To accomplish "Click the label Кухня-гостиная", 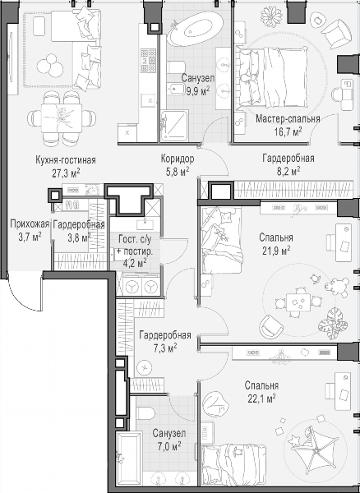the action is pyautogui.click(x=66, y=160).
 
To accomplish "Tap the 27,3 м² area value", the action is pyautogui.click(x=66, y=173).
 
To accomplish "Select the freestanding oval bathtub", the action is pyautogui.click(x=195, y=29).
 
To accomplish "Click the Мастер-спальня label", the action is pyautogui.click(x=288, y=119).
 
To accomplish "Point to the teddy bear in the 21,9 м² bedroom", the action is pyautogui.click(x=337, y=287).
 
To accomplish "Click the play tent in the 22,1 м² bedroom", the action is pyautogui.click(x=315, y=451).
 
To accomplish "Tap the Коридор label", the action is pyautogui.click(x=178, y=159).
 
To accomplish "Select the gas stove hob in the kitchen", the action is pyautogui.click(x=148, y=60).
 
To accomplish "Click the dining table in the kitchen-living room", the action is pyautogui.click(x=62, y=118).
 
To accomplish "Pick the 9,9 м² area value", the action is pyautogui.click(x=198, y=91).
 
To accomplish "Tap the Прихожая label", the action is pyautogui.click(x=30, y=224).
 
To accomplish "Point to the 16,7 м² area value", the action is pyautogui.click(x=288, y=131).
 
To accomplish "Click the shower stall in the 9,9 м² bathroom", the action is pyautogui.click(x=174, y=126).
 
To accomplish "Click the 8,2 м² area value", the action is pyautogui.click(x=288, y=171).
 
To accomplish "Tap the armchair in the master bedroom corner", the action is pyautogui.click(x=335, y=33).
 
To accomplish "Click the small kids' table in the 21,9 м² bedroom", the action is pyautogui.click(x=298, y=302).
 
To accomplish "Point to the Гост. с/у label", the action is pyautogui.click(x=135, y=239).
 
